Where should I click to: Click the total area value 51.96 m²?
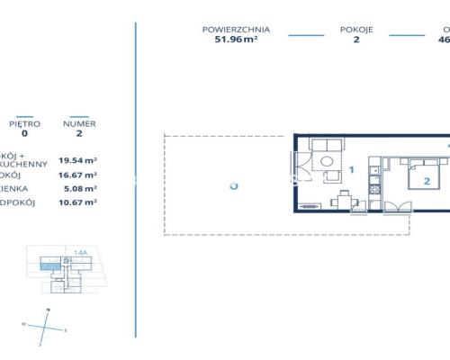point(236,40)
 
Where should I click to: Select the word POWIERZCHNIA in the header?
point(236,30)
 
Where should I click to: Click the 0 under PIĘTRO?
point(24,133)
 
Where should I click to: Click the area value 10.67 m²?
point(78,204)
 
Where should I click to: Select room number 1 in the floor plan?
point(351,169)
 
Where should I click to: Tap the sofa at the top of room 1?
point(325,146)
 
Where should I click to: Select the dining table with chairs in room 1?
point(343,200)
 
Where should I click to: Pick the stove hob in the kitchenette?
point(374,191)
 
